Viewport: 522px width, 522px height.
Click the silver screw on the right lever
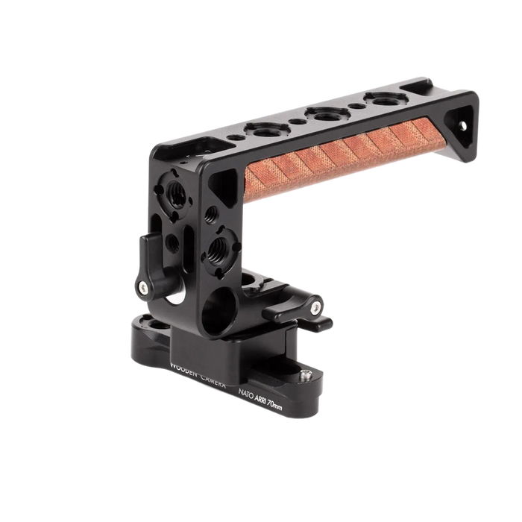click(x=317, y=307)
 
